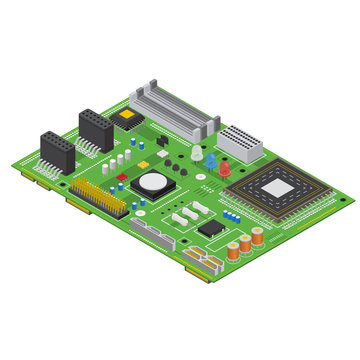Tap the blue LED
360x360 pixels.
tap(211, 159)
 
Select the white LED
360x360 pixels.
tap(197, 152)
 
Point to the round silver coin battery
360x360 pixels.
tap(153, 183)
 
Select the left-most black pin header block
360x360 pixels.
tap(57, 152)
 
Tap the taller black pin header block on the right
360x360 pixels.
tap(96, 128)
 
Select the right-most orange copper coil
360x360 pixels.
tap(257, 237)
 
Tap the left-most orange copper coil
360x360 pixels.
tap(233, 250)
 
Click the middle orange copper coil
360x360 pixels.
tap(245, 243)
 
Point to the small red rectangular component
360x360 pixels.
tap(122, 177)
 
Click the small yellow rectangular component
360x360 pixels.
tap(161, 141)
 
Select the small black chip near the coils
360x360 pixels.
tap(211, 229)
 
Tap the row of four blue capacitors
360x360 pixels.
tap(230, 214)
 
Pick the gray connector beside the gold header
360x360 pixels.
tap(150, 237)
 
